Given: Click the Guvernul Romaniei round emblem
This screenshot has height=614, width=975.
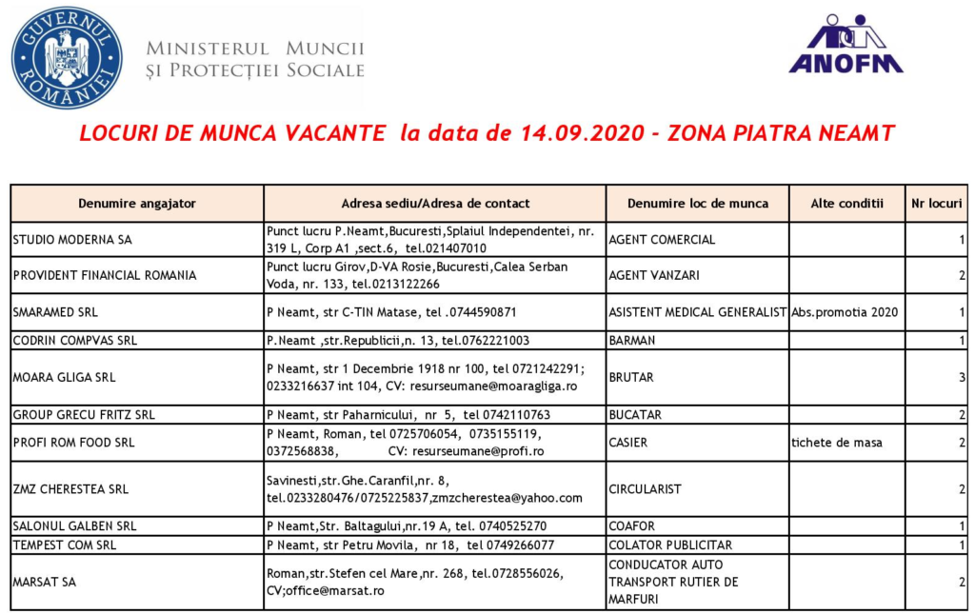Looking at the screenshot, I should coord(67,58).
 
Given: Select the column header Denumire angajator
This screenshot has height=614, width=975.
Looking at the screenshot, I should coord(137,203).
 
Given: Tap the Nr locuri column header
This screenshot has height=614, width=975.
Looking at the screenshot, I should coord(937,203).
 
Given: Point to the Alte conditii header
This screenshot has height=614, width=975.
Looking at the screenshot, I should coord(846,203).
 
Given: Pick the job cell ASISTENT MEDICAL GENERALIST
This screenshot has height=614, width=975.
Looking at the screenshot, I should coord(697,312).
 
